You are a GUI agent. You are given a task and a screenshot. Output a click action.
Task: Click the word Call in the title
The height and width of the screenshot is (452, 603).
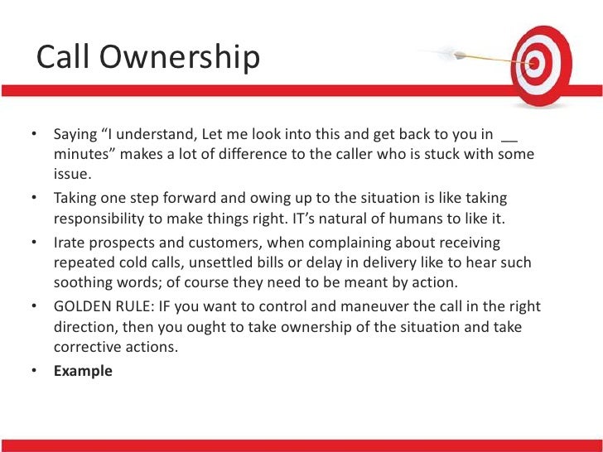tap(64, 57)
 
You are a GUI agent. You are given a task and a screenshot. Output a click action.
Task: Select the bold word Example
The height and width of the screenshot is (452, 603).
tap(83, 371)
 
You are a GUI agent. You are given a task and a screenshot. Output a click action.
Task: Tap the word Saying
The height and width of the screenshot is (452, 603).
tap(75, 134)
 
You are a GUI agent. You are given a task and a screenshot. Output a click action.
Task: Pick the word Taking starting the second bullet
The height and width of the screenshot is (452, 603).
tap(75, 199)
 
